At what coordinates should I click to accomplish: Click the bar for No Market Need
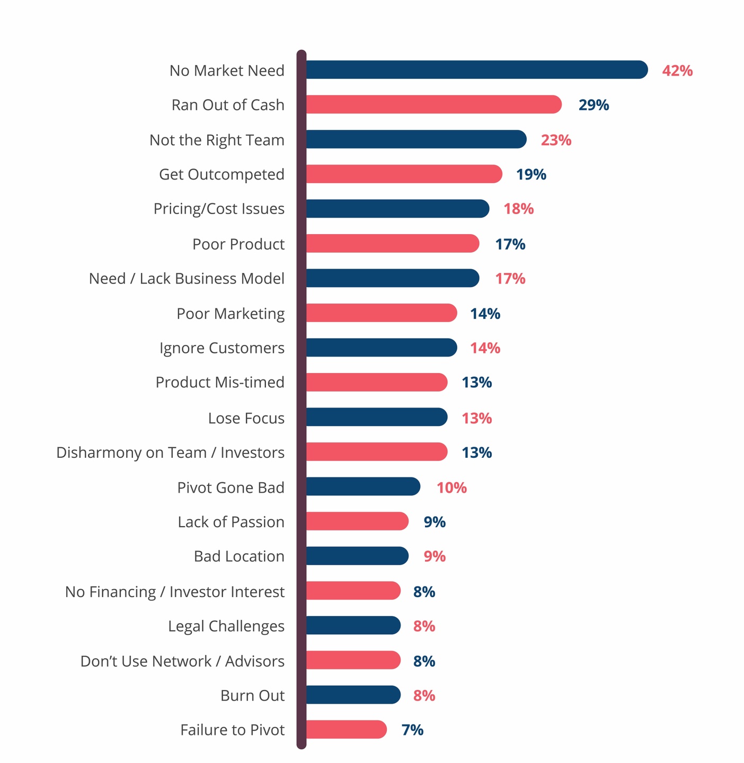pos(476,70)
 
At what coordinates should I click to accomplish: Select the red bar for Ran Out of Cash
pos(433,104)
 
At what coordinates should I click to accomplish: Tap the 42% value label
pos(677,70)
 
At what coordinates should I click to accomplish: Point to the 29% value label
pos(594,105)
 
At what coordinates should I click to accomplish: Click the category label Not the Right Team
pos(217,140)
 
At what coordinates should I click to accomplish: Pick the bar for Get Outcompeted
pos(404,174)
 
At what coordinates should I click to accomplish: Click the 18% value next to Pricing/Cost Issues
pos(518,209)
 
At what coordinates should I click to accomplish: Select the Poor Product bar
pos(392,244)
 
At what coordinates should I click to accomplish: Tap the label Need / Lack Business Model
pos(187,279)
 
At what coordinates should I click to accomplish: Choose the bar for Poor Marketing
pos(381,313)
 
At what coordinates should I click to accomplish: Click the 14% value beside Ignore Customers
pos(485,348)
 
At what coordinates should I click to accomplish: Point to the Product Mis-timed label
pos(220,383)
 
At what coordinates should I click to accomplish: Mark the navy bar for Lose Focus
pos(376,418)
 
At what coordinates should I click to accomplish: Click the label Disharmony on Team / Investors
pos(170,453)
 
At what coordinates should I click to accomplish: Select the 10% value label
pos(451,487)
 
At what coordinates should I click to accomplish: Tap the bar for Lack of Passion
pos(357,521)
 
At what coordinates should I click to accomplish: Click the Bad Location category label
pos(239,556)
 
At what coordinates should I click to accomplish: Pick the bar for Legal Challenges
pos(353,626)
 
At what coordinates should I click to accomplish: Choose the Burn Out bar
pos(353,695)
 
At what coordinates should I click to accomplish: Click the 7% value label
pos(412,730)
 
